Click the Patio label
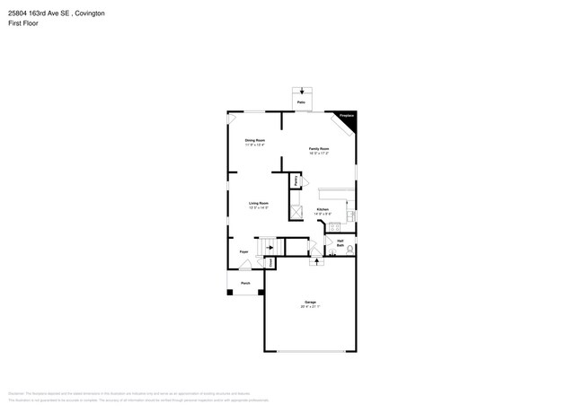click(301, 103)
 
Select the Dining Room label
click(255, 140)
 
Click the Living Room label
click(260, 204)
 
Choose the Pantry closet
click(296, 181)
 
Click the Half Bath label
click(341, 242)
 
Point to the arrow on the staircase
click(267, 246)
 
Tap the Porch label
click(245, 283)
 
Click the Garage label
click(310, 303)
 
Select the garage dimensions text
click(310, 308)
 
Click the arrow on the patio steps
click(302, 91)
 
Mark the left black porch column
click(228, 292)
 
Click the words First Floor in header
click(24, 23)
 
